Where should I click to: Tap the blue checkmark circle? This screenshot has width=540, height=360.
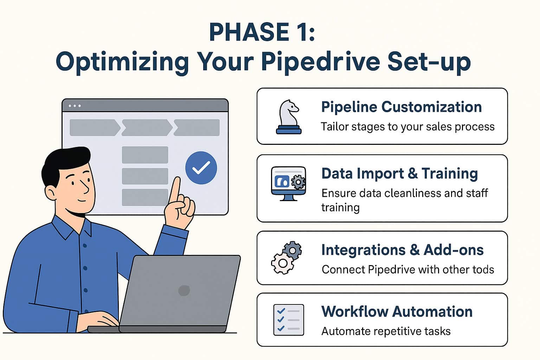point(201,168)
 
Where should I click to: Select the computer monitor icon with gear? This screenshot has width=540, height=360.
point(288,183)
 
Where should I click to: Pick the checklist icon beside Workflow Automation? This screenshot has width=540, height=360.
point(288,320)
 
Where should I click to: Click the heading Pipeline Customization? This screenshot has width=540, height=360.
point(401,107)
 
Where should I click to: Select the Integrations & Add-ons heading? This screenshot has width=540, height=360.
point(402,250)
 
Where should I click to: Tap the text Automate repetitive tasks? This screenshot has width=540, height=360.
point(386,331)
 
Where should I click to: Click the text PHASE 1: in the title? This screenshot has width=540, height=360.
point(262,32)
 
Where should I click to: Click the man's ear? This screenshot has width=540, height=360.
point(51,192)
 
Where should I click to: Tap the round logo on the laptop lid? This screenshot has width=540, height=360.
point(184,290)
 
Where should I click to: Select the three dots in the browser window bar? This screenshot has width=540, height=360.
point(75,106)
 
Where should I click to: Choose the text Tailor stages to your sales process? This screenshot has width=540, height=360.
point(407,127)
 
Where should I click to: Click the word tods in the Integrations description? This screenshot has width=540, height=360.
point(483,270)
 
